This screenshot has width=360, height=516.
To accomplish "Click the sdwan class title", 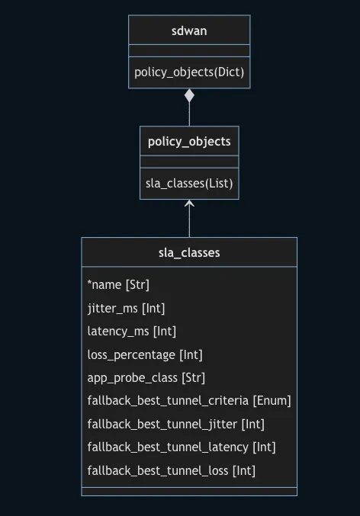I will click(189, 30).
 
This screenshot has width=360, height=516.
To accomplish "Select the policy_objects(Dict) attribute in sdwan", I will click(189, 72).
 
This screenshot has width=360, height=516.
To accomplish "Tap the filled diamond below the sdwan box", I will click(189, 96).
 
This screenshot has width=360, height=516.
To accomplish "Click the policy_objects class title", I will click(189, 142).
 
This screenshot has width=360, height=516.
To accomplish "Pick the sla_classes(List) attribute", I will click(189, 183).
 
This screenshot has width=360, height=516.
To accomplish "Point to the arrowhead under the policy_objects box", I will click(189, 204).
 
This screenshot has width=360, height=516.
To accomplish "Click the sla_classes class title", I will click(189, 252).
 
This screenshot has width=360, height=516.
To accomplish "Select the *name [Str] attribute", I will click(118, 285).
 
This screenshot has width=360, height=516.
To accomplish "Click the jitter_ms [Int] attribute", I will click(126, 308).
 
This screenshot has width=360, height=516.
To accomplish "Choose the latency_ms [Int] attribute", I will click(131, 332).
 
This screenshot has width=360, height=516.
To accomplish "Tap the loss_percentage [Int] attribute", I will click(145, 354).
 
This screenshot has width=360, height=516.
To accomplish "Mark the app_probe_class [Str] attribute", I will click(146, 378).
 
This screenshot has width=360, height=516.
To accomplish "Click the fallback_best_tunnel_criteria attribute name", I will click(168, 401).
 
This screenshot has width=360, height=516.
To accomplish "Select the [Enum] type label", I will click(272, 401).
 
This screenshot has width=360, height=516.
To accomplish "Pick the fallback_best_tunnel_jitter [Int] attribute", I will click(176, 424).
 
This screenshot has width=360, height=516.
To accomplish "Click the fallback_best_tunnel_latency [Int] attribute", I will click(182, 447).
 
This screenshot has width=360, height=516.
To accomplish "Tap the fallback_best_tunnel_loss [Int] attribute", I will click(172, 470).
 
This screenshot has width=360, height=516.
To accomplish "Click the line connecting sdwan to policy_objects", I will click(189, 114).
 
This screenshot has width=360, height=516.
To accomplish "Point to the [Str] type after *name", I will click(137, 285).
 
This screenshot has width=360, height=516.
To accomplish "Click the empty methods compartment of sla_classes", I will click(189, 491).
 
